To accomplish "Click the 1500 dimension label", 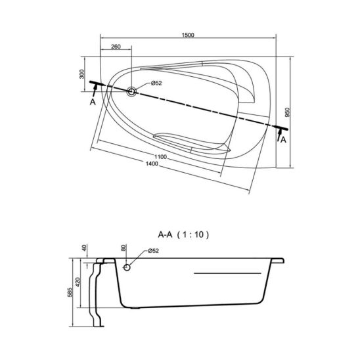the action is (x=188, y=35).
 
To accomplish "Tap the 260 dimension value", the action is (x=116, y=47).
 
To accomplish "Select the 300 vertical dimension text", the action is (x=82, y=74).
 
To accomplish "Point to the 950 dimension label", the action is (x=288, y=112).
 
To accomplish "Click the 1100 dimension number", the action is (x=160, y=157).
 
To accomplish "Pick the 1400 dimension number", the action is (x=152, y=164).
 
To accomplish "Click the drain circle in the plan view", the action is (x=131, y=91).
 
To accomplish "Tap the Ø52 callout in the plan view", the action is (x=156, y=83).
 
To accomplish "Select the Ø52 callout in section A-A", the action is (x=153, y=251).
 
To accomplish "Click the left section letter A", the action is (x=93, y=102).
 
